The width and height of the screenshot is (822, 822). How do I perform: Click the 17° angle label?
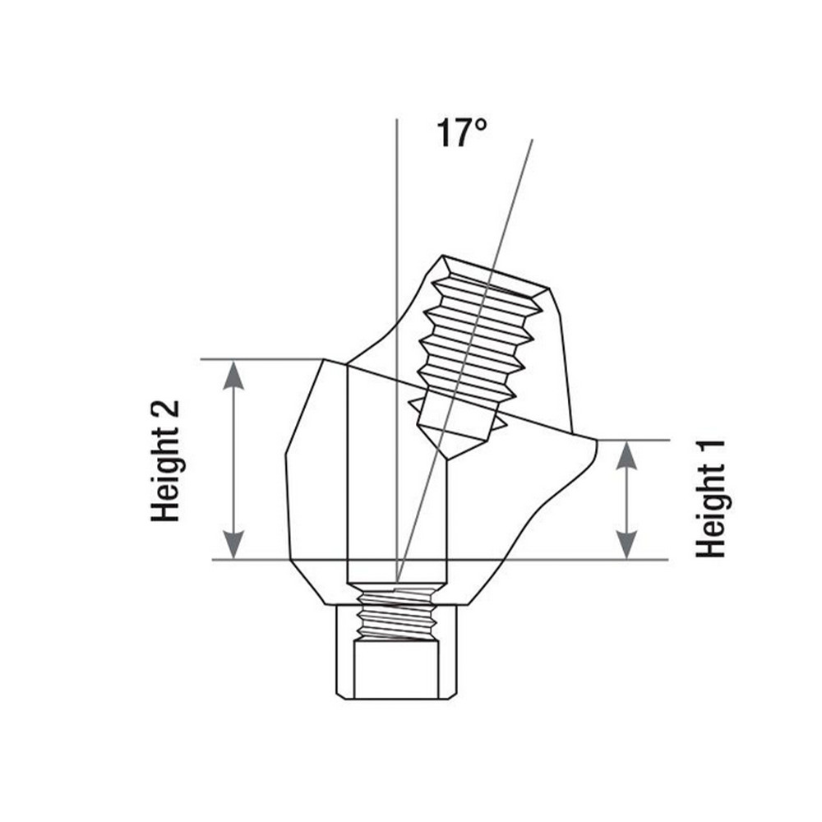(461, 132)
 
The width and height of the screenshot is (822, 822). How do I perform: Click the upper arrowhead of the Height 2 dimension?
(233, 375)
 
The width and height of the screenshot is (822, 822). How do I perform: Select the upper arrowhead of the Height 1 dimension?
(626, 455)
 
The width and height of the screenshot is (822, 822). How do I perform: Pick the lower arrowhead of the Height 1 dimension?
(626, 545)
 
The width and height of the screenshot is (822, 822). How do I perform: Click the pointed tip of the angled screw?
(447, 459)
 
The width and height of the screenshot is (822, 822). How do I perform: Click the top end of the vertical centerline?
(397, 119)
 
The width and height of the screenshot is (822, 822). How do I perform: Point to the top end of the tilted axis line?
(533, 140)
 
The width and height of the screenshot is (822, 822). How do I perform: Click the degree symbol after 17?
(481, 125)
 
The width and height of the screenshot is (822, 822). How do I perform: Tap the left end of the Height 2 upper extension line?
(201, 359)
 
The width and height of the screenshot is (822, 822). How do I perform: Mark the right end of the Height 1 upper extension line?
(670, 440)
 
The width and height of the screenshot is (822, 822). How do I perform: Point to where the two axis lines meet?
(397, 582)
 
